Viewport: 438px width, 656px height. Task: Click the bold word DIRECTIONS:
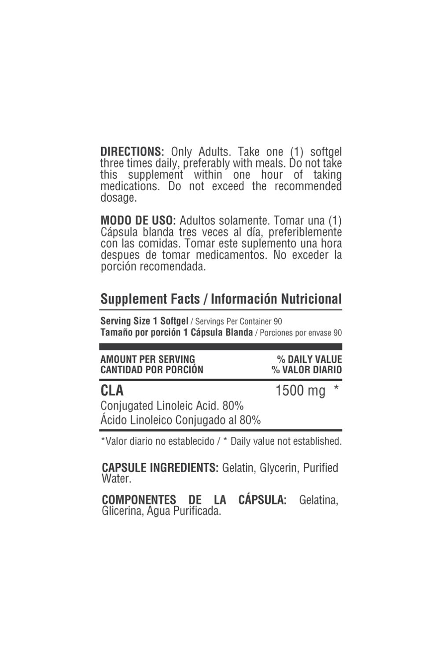132,152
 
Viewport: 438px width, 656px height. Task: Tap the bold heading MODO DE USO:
138,221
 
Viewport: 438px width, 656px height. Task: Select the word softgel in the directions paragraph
326,152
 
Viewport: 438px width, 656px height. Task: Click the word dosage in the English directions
118,198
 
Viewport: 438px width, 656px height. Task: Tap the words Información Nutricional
276,299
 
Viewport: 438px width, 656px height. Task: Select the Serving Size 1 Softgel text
144,321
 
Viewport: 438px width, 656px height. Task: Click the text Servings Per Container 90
238,321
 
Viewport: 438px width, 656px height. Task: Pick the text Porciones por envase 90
301,333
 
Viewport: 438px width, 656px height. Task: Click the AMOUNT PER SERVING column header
147,360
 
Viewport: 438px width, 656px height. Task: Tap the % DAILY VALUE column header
309,360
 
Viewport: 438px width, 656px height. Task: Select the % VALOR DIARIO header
306,370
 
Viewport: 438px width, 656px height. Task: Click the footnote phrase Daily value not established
286,441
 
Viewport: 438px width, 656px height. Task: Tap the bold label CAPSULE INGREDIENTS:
160,468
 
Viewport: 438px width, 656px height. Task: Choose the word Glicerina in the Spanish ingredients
120,512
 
